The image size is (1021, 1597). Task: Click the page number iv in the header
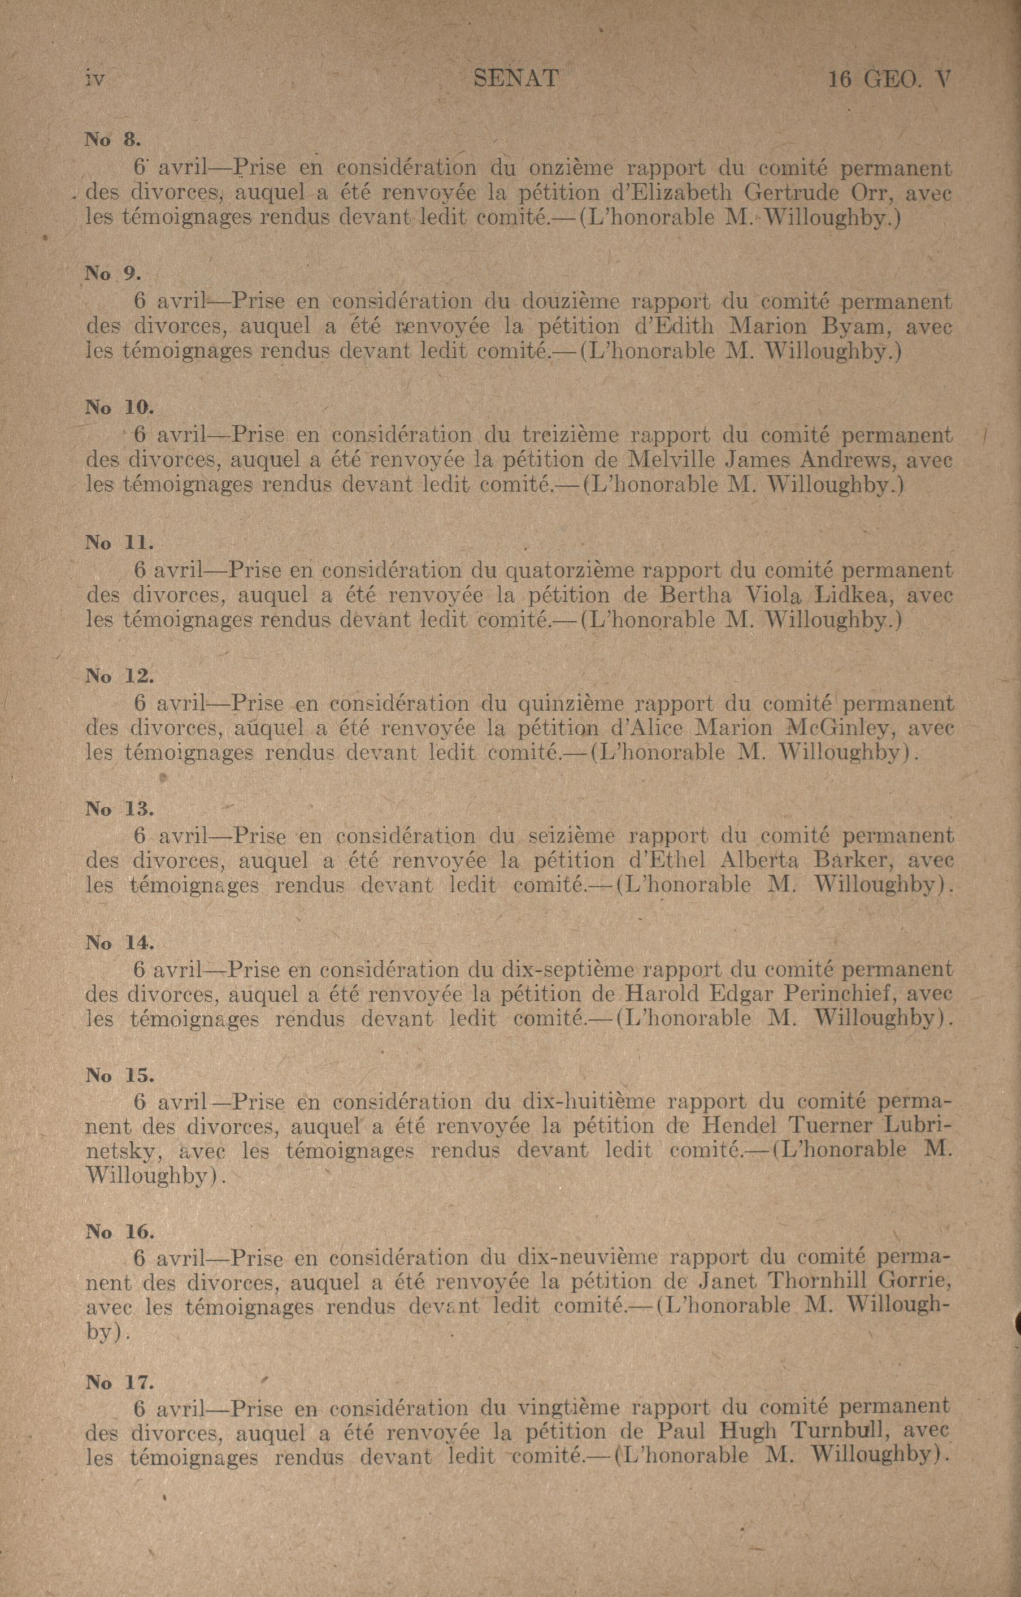[95, 80]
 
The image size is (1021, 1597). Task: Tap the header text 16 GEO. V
[888, 80]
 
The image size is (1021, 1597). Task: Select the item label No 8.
[112, 139]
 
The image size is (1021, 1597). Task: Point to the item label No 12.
[119, 677]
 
